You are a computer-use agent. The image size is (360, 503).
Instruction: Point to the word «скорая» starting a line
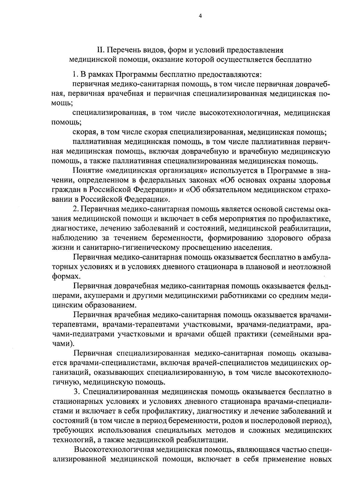point(83,132)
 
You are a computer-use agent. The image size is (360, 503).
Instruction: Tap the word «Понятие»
point(88,171)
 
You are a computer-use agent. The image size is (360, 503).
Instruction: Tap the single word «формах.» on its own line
point(62,276)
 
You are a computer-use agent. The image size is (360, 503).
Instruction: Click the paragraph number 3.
point(76,392)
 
